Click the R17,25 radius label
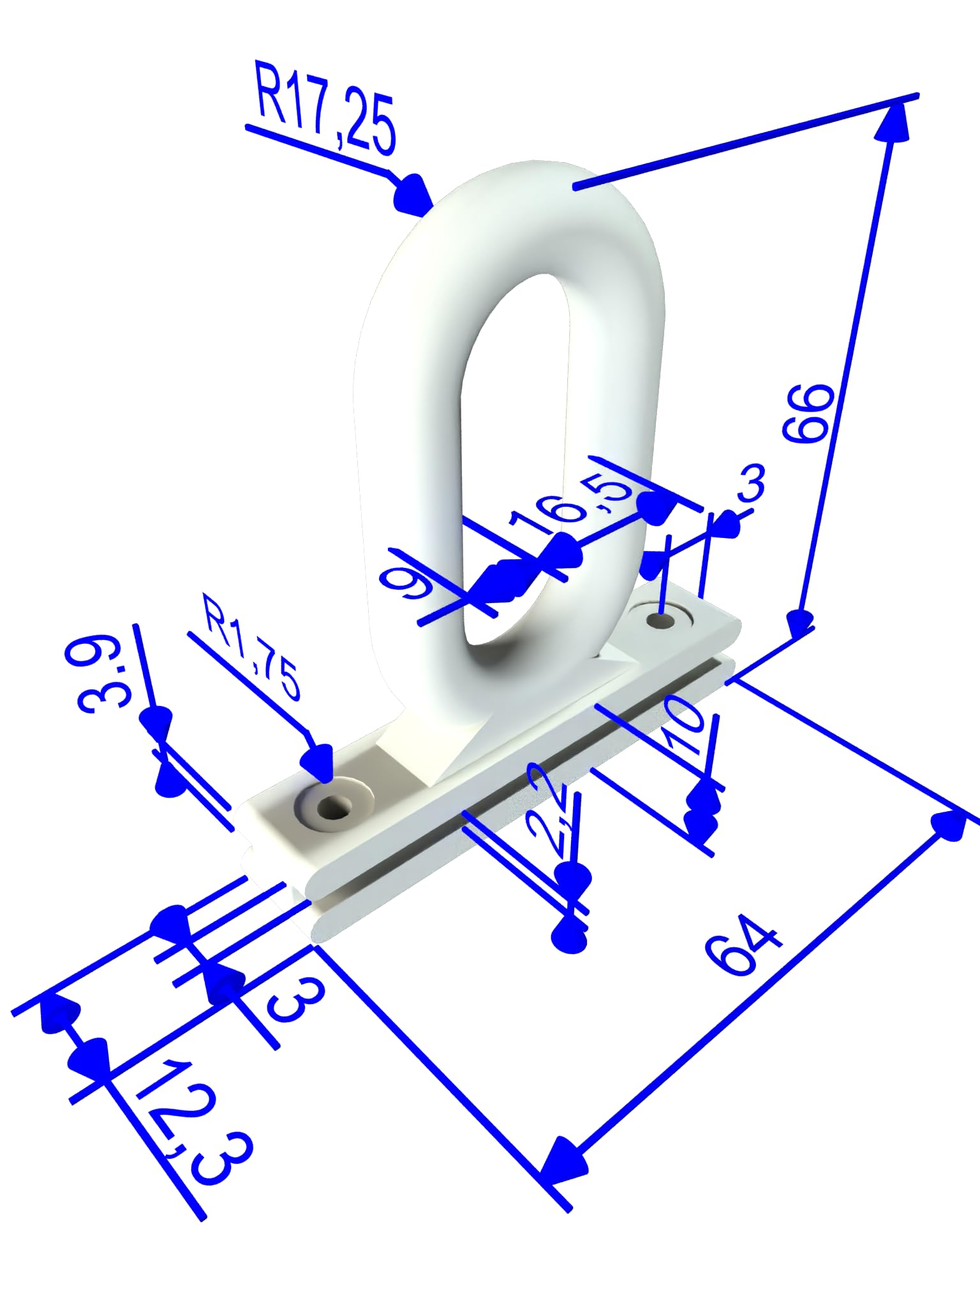pyautogui.click(x=325, y=107)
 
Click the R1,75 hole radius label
pyautogui.click(x=251, y=646)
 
